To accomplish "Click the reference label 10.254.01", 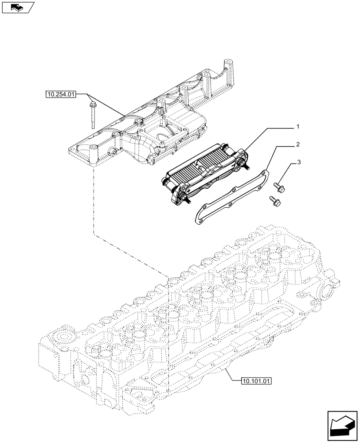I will pos(61,94).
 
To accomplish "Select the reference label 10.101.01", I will pos(257,381).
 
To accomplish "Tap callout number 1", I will pos(298,127).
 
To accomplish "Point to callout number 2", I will pos(298,144).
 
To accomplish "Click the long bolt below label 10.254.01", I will pos(93,114).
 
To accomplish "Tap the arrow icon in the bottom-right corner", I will pos(343,425).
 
